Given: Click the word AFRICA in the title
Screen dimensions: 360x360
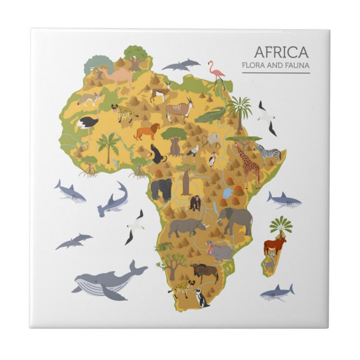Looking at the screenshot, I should point(281,53).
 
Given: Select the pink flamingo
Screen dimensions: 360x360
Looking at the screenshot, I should point(217,73).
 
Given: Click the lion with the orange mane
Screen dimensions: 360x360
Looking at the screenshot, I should point(147,131).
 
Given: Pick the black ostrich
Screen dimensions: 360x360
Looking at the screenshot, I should point(88,122).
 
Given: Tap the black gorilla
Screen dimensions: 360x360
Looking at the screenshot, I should point(161,188).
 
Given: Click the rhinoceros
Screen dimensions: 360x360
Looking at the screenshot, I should point(186,226).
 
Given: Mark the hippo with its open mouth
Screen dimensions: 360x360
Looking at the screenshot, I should point(220,252).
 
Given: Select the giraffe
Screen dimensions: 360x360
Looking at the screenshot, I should point(247,162).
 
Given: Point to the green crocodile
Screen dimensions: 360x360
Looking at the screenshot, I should point(210,116).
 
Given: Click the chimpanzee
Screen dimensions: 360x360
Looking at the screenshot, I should point(195,202).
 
